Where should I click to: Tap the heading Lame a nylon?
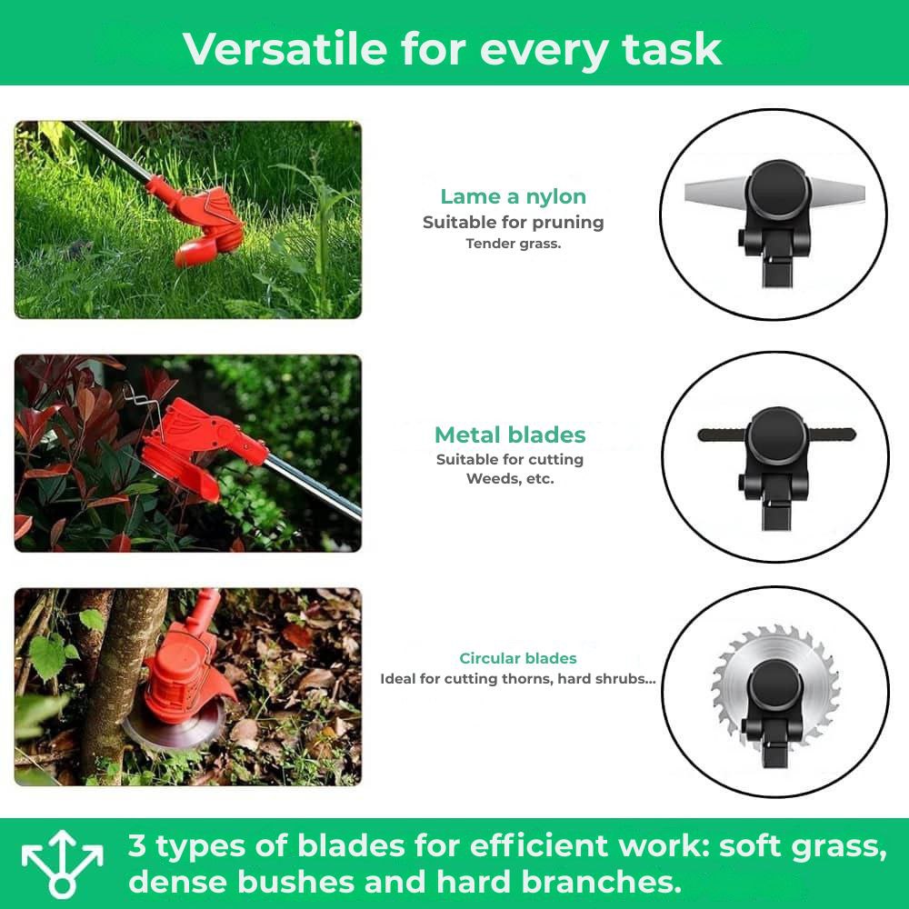(513, 196)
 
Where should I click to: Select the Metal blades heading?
(510, 435)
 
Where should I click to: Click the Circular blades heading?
(517, 658)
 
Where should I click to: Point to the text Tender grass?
(514, 244)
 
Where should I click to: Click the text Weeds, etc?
(510, 479)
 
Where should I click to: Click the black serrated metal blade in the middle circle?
(718, 435)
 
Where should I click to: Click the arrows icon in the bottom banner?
(63, 864)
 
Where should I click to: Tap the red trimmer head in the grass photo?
(205, 223)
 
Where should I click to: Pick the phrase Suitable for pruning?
(513, 222)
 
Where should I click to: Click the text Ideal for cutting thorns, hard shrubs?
(517, 679)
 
